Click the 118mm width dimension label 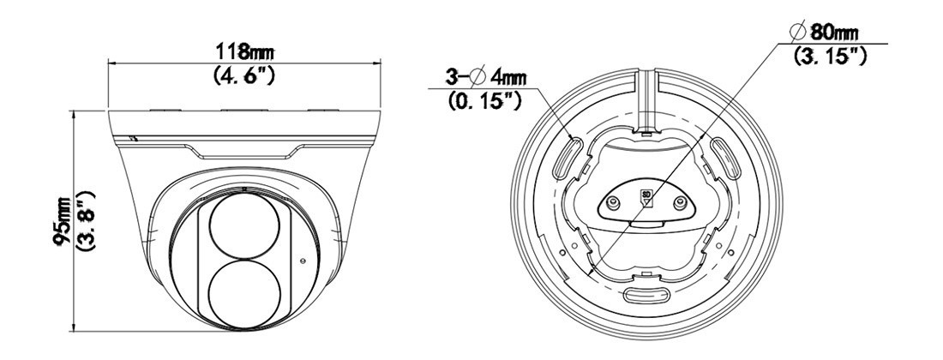(245, 51)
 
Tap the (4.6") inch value (244, 75)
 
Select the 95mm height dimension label (63, 220)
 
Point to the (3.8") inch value (87, 220)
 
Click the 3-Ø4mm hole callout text (486, 77)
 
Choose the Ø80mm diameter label (826, 32)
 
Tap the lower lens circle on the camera (244, 292)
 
